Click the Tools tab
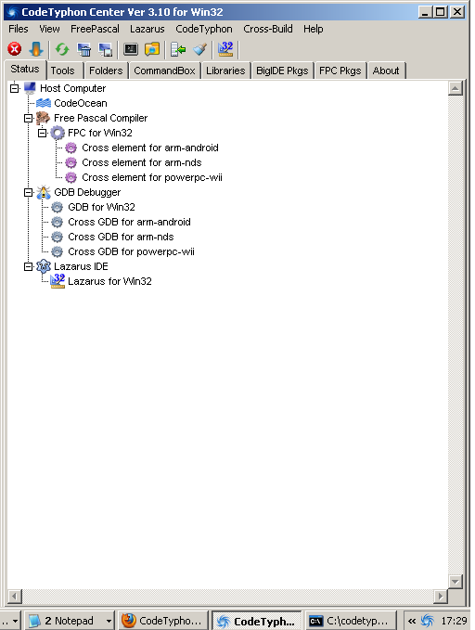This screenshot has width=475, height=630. tap(63, 71)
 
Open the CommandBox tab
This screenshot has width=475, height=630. tap(164, 71)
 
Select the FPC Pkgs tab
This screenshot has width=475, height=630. tap(340, 71)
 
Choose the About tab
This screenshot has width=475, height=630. tap(386, 71)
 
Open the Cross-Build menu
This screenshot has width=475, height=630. tap(268, 29)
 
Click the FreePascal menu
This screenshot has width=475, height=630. tap(95, 29)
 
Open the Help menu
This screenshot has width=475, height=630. tap(313, 29)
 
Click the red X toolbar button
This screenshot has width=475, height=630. tap(15, 49)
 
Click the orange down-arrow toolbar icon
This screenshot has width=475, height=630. tap(36, 49)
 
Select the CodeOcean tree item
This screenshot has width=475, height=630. tap(81, 103)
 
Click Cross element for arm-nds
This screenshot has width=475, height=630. tap(142, 162)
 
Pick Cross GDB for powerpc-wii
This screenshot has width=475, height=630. tap(131, 252)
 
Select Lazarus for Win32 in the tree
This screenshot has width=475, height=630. tap(109, 281)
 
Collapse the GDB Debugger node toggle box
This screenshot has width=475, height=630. tap(29, 192)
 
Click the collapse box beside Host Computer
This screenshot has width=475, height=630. tap(15, 88)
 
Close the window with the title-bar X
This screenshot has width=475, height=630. tap(457, 12)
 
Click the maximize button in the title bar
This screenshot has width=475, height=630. tap(441, 12)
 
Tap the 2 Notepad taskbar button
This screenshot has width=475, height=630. tap(70, 621)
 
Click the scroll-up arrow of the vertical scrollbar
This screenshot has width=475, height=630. tap(456, 88)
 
